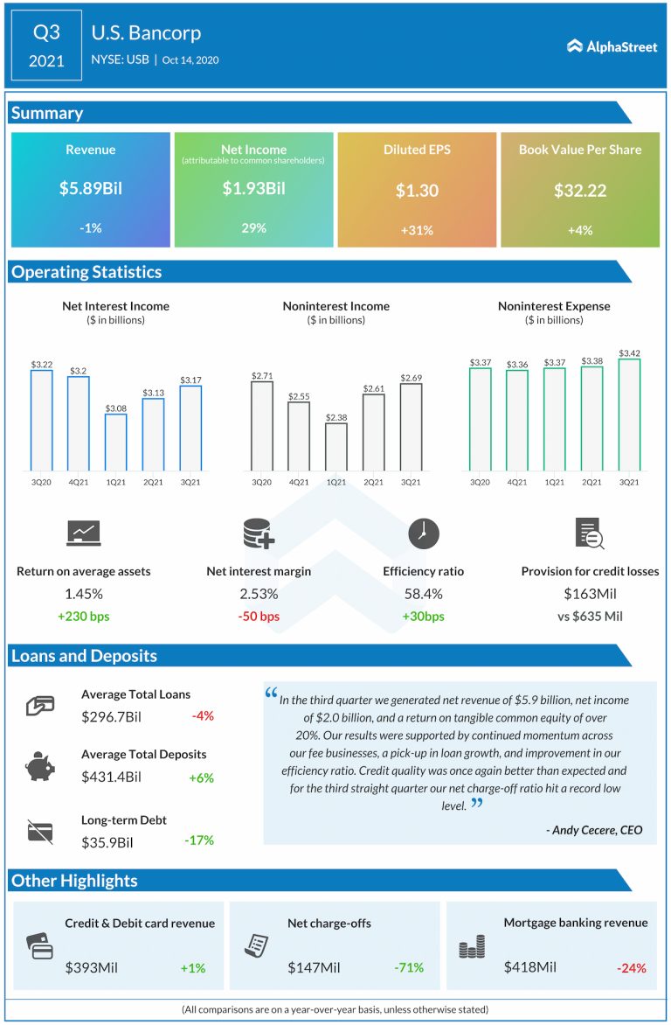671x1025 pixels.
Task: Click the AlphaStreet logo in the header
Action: pos(612,46)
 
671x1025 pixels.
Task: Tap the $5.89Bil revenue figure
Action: pos(91,190)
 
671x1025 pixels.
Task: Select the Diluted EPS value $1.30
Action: pos(416,190)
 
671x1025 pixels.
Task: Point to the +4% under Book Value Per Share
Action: pos(579,229)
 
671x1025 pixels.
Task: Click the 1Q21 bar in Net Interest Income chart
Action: pos(116,442)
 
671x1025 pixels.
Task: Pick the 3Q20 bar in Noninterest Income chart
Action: pos(262,425)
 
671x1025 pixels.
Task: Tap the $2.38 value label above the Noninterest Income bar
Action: pos(336,417)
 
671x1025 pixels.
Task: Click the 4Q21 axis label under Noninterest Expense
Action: pos(517,481)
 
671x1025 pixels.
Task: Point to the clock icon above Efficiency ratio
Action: pos(424,533)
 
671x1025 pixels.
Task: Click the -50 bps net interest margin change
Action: pos(259,617)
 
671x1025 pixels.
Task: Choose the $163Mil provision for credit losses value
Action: pos(590,594)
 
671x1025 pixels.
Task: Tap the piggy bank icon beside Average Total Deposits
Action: pos(40,767)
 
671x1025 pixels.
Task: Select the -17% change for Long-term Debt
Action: pos(199,840)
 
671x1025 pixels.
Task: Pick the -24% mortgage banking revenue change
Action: pos(631,967)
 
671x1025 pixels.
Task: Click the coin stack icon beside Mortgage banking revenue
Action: pos(472,946)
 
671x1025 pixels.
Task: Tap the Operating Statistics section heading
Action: pos(86,272)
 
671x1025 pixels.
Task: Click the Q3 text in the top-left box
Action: pos(46,33)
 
